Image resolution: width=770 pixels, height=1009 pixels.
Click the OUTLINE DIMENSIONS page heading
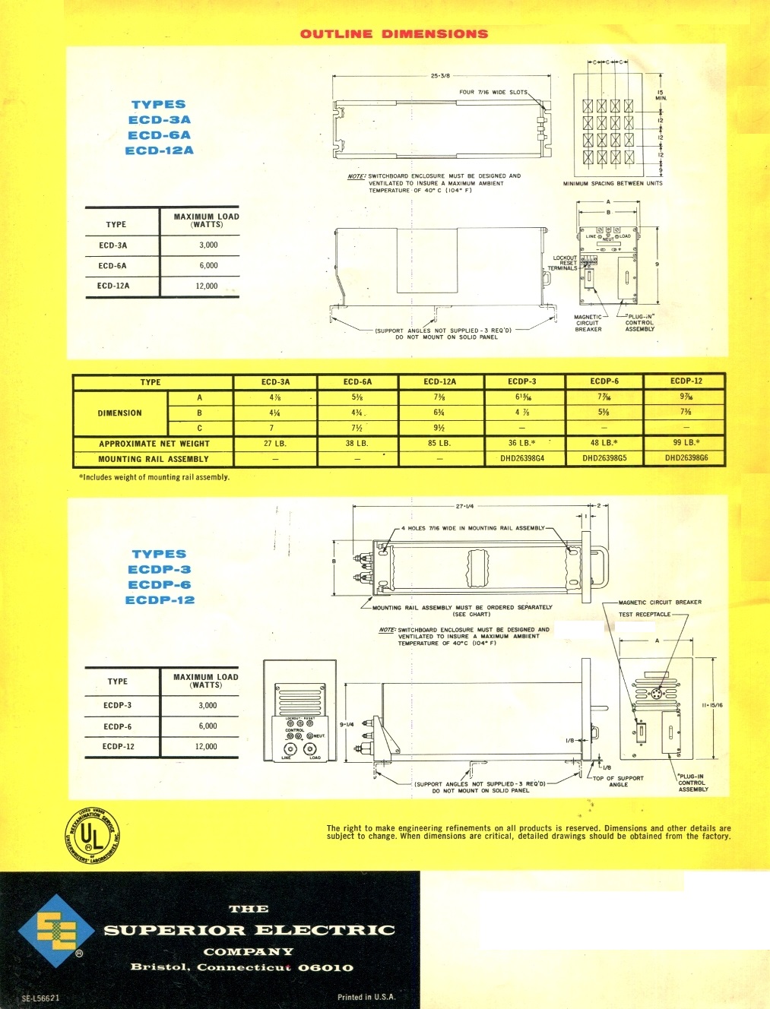394,33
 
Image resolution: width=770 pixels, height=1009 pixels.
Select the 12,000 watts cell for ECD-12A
207,286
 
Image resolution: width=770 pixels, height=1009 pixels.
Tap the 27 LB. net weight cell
274,443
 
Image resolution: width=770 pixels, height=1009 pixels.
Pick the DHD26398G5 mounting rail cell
604,458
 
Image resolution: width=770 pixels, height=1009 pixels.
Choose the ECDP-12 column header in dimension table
686,381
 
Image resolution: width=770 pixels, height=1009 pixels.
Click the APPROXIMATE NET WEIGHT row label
154,444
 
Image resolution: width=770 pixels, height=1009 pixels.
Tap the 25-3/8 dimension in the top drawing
440,76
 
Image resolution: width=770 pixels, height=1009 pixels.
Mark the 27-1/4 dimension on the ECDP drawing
465,506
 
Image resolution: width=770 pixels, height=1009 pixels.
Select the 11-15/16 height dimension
712,705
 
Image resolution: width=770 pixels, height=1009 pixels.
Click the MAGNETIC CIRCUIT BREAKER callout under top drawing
588,323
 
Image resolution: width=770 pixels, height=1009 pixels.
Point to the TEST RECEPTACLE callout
644,614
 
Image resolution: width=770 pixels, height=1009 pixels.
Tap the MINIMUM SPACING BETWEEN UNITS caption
612,183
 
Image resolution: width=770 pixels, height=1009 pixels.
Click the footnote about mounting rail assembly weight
154,477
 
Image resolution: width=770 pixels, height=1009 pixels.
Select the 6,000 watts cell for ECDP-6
208,726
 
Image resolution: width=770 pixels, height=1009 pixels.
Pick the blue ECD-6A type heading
159,135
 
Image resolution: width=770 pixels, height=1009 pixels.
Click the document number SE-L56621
40,998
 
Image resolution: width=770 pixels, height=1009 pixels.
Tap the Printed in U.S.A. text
366,997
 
